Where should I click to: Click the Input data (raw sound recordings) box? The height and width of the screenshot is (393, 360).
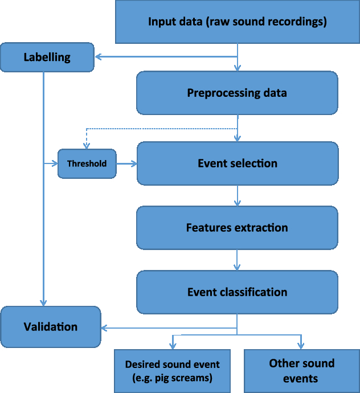pos(237,22)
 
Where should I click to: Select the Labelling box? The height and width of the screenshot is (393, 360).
pos(47,57)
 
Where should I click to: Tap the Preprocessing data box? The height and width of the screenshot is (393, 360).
pos(237,93)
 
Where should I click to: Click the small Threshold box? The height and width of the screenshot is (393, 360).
pos(87,163)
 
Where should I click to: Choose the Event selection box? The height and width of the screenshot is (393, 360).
pos(237,163)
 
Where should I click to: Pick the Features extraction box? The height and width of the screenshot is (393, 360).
pos(237,228)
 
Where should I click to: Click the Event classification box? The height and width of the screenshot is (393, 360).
pos(237,292)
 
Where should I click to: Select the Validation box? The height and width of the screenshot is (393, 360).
pos(50,327)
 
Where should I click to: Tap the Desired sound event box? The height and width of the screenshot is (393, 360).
pos(172,371)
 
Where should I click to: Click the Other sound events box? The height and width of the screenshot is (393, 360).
pos(301,371)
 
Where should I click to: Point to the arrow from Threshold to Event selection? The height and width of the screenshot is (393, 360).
pos(126,163)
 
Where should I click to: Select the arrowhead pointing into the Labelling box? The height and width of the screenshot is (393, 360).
pos(98,57)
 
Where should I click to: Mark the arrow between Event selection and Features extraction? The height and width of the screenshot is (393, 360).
pos(237,195)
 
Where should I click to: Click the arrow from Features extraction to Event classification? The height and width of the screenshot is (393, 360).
pos(237,260)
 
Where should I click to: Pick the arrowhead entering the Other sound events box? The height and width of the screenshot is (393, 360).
pos(301,346)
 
